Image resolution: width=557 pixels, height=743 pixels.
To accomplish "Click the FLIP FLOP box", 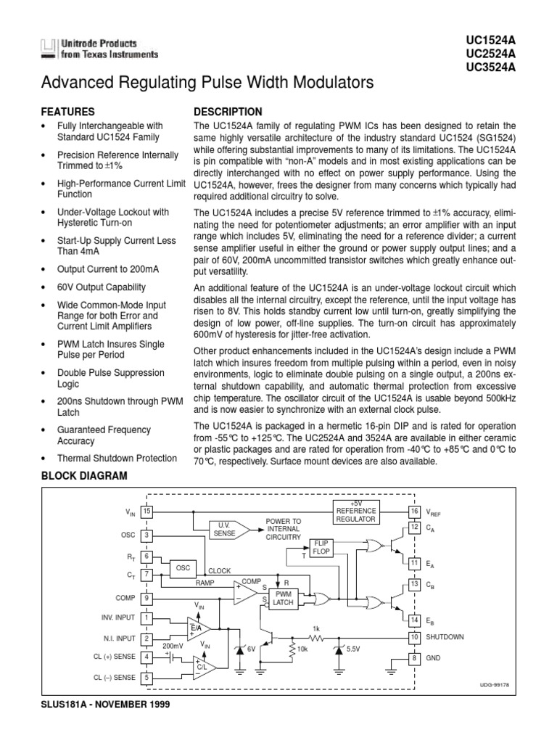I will pyautogui.click(x=320, y=547).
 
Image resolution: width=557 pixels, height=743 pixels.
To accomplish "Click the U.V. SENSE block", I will pyautogui.click(x=223, y=529).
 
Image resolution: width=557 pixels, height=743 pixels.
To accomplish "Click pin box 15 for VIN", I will pyautogui.click(x=147, y=512).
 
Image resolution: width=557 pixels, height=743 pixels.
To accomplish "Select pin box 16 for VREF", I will pyautogui.click(x=414, y=512).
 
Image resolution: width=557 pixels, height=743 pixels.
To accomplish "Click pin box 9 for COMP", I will pyautogui.click(x=147, y=598).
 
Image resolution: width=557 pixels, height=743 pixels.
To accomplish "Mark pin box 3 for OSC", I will pyautogui.click(x=147, y=535).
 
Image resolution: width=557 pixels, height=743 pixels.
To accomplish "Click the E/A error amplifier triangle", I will pyautogui.click(x=196, y=626).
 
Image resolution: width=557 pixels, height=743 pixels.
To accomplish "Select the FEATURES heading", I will pyautogui.click(x=68, y=112).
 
